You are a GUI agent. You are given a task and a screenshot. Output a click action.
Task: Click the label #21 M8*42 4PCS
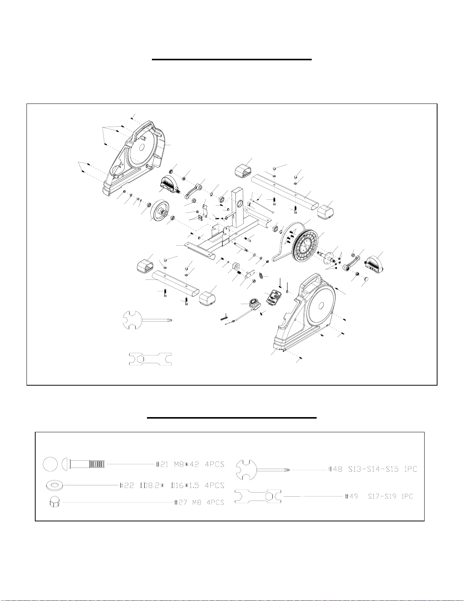[x=190, y=464]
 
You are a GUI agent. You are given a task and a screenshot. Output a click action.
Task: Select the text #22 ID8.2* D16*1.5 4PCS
[x=172, y=485]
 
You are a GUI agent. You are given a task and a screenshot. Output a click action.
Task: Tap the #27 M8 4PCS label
[x=199, y=502]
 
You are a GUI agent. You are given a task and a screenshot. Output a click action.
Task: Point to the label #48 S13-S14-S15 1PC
[x=372, y=469]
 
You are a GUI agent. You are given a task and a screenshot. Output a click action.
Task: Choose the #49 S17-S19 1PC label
[x=379, y=496]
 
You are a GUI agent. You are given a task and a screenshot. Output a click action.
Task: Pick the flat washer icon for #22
[x=55, y=485]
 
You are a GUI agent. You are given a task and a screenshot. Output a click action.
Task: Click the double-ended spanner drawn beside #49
[x=258, y=496]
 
